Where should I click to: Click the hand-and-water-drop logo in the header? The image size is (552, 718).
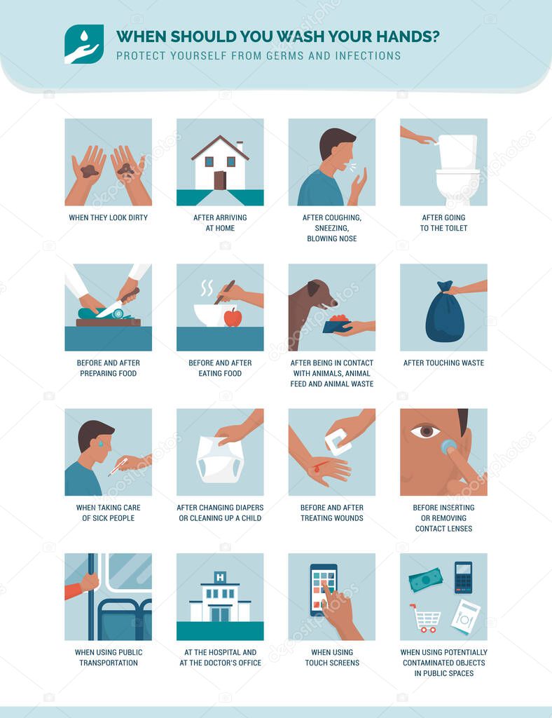[84, 44]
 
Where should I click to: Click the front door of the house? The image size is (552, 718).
[219, 180]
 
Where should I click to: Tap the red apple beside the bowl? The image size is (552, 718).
[233, 318]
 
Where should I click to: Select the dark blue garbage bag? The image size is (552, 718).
[444, 316]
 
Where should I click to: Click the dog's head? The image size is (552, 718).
[319, 295]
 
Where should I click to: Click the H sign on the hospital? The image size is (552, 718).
[220, 578]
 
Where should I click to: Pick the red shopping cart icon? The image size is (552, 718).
[426, 618]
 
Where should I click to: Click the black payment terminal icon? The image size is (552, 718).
[463, 576]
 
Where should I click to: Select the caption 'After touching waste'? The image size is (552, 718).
[443, 363]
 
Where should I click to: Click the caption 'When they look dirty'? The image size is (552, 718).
[108, 218]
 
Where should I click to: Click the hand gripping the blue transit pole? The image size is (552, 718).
[88, 582]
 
